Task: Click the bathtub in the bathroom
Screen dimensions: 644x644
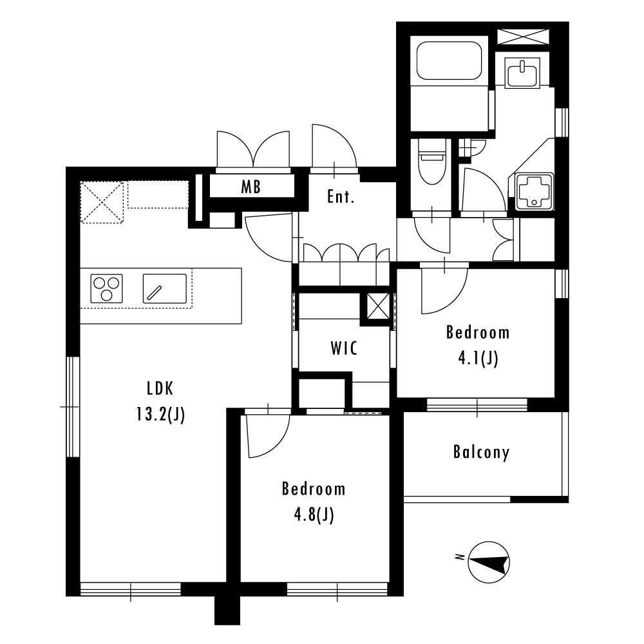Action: pyautogui.click(x=449, y=61)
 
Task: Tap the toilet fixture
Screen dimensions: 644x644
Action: pyautogui.click(x=431, y=161)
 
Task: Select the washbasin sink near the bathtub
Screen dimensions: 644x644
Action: pyautogui.click(x=522, y=72)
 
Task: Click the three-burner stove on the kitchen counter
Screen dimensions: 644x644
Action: pyautogui.click(x=106, y=289)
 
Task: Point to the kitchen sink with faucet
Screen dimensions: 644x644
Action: pyautogui.click(x=165, y=289)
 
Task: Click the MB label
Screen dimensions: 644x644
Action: pyautogui.click(x=251, y=187)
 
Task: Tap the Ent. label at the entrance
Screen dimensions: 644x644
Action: pyautogui.click(x=341, y=196)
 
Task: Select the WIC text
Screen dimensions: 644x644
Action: pyautogui.click(x=344, y=348)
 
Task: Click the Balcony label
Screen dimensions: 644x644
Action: pyautogui.click(x=481, y=452)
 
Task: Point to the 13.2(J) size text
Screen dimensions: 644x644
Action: pyautogui.click(x=160, y=415)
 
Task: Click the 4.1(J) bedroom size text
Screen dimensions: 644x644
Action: pyautogui.click(x=478, y=359)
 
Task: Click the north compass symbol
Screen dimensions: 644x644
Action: pyautogui.click(x=489, y=562)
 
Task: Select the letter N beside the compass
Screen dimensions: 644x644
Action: pyautogui.click(x=460, y=557)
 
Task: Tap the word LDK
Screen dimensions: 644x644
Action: pyautogui.click(x=160, y=388)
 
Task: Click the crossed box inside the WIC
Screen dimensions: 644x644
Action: pyautogui.click(x=377, y=307)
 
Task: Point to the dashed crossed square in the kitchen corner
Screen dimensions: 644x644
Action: pyautogui.click(x=102, y=202)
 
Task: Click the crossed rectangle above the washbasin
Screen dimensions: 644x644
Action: pyautogui.click(x=522, y=37)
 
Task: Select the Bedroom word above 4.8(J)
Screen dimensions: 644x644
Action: pyautogui.click(x=314, y=489)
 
